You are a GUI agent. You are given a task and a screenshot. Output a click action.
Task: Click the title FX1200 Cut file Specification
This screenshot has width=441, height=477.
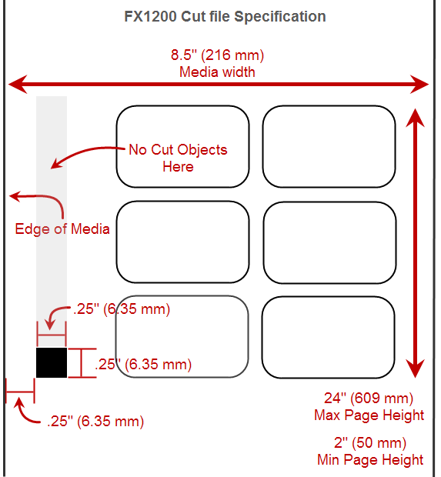(x=225, y=16)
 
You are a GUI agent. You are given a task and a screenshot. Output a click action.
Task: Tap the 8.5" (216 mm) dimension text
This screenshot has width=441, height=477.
(x=217, y=55)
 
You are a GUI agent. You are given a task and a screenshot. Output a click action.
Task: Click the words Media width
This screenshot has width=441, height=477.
(x=217, y=72)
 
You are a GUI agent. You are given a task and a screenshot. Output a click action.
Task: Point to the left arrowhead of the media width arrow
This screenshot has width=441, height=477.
(x=18, y=85)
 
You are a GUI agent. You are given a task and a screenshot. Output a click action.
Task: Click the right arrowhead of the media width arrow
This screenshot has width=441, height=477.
(x=419, y=85)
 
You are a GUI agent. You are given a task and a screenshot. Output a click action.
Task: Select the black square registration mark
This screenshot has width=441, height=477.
(x=52, y=362)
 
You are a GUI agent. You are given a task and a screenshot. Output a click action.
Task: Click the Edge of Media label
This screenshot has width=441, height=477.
(x=62, y=228)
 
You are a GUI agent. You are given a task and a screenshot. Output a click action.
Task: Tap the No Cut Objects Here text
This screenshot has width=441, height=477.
(x=178, y=158)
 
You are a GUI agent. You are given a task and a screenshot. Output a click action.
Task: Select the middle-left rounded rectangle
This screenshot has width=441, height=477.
(x=183, y=201)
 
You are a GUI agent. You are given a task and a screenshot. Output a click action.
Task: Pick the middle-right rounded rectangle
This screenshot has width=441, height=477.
(x=329, y=202)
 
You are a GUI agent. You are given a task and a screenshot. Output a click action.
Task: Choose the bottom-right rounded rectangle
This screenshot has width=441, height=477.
(x=329, y=297)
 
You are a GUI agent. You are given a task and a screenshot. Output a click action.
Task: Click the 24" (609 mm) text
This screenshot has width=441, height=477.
(x=369, y=398)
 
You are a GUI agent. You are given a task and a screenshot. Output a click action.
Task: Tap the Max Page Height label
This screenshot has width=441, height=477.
(x=369, y=415)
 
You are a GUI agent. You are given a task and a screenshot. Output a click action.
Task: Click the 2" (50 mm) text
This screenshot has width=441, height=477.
(x=370, y=442)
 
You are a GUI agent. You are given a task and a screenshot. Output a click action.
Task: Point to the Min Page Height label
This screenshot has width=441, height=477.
(x=370, y=459)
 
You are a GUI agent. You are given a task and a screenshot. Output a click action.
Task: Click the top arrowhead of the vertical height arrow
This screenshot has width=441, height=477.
(x=415, y=118)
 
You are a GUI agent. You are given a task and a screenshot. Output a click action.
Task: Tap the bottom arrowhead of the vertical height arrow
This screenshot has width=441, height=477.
(x=415, y=368)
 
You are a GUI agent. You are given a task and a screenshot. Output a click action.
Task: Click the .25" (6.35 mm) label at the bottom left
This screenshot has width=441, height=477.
(x=95, y=422)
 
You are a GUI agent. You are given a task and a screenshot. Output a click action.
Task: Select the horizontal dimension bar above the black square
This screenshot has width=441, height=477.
(x=52, y=335)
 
